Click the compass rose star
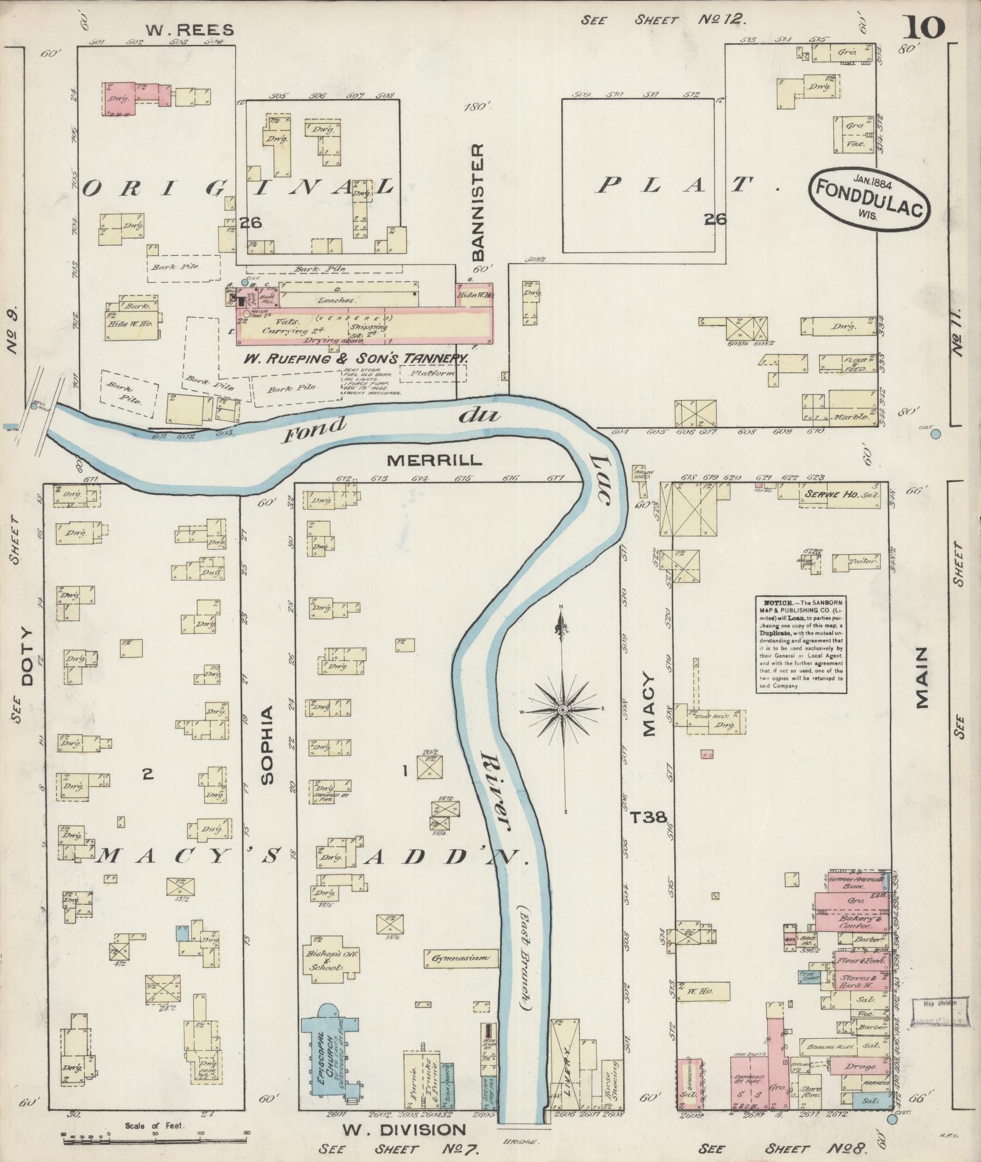562,709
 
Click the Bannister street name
480,203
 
